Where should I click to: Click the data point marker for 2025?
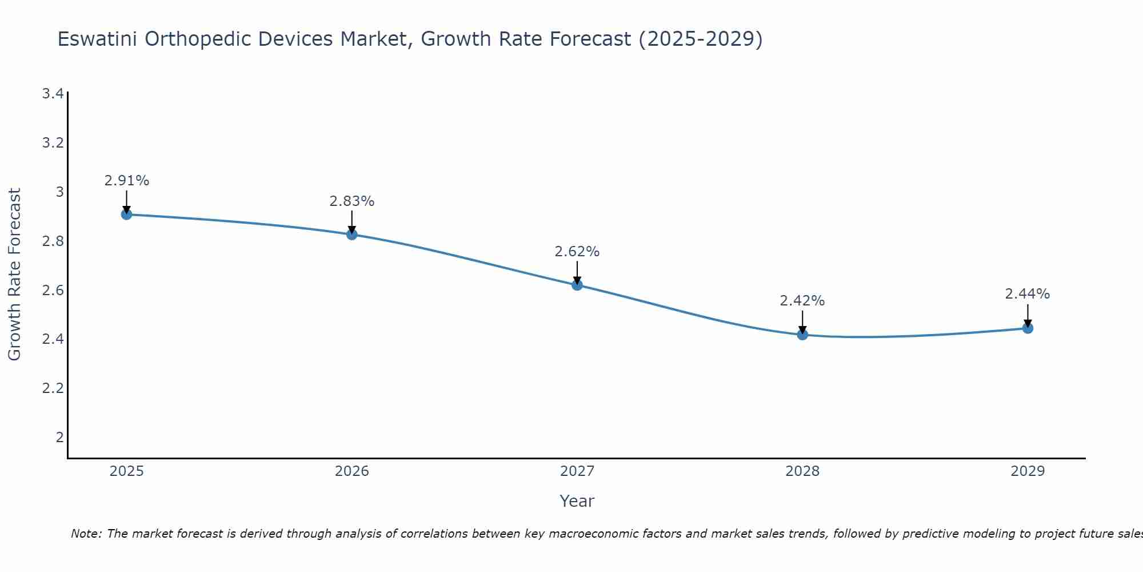pyautogui.click(x=126, y=214)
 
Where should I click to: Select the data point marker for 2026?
pyautogui.click(x=351, y=235)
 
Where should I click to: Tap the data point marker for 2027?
pyautogui.click(x=577, y=285)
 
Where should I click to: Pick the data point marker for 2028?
pyautogui.click(x=802, y=335)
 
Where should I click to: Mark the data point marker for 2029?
pyautogui.click(x=1028, y=328)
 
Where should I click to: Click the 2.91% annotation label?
pyautogui.click(x=126, y=181)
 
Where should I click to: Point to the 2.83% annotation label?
pyautogui.click(x=351, y=201)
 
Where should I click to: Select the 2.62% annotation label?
pyautogui.click(x=577, y=252)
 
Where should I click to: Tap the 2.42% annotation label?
pyautogui.click(x=802, y=301)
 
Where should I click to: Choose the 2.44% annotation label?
pyautogui.click(x=1028, y=294)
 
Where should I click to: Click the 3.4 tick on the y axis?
pyautogui.click(x=53, y=94)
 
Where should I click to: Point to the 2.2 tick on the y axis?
pyautogui.click(x=53, y=388)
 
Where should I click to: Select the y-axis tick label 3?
pyautogui.click(x=59, y=192)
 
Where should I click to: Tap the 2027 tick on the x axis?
pyautogui.click(x=577, y=471)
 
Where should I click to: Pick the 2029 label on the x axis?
pyautogui.click(x=1028, y=471)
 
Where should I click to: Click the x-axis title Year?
pyautogui.click(x=577, y=501)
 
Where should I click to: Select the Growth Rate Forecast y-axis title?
pyautogui.click(x=14, y=275)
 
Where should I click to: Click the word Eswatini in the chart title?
pyautogui.click(x=97, y=39)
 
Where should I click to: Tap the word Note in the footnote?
pyautogui.click(x=86, y=534)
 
